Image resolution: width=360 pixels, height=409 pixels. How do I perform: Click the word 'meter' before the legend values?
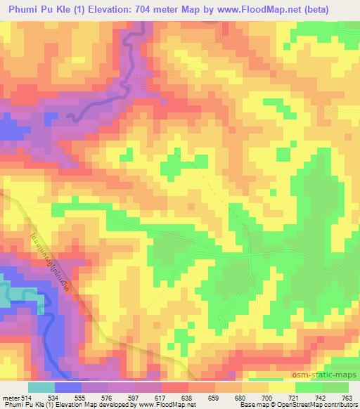click(9, 397)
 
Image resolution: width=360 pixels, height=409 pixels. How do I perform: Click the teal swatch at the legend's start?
click(41, 387)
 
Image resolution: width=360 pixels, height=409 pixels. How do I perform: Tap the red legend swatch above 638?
click(174, 387)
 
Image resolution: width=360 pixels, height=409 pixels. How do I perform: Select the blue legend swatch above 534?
click(67, 387)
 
